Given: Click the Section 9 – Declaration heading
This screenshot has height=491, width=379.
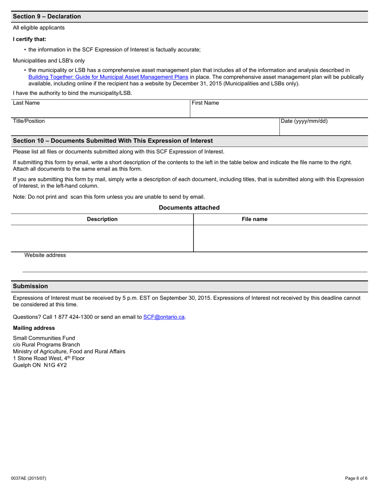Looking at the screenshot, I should (x=47, y=16).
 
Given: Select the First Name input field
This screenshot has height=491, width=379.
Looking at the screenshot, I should (x=279, y=111).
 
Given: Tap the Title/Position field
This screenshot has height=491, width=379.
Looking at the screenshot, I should (x=145, y=129).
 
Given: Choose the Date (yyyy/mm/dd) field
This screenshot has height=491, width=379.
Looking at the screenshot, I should (x=323, y=129).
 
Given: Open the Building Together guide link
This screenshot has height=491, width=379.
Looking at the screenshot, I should (x=108, y=77).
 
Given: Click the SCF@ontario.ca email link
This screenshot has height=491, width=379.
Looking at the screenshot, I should (x=164, y=317).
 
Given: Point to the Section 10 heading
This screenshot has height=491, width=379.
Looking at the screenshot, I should (x=113, y=141).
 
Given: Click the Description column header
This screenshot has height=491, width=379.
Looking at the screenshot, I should (x=102, y=219).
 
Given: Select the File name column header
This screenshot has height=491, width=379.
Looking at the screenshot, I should (x=255, y=219).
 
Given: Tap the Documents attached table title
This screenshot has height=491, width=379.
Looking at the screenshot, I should (x=189, y=208).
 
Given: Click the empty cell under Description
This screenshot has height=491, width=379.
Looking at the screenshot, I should (x=102, y=238).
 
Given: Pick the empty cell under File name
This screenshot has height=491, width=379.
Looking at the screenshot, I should (x=280, y=238).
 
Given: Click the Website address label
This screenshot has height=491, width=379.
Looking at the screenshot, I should (x=45, y=255).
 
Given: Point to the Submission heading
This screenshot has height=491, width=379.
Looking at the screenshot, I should (x=30, y=286).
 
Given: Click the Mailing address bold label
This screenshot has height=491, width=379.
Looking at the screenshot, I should (x=34, y=328).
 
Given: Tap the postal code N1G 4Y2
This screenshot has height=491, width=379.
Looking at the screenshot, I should (x=55, y=365).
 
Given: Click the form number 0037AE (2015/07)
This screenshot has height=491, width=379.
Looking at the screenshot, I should (x=29, y=478).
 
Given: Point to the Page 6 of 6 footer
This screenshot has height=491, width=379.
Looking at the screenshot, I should (x=356, y=478).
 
